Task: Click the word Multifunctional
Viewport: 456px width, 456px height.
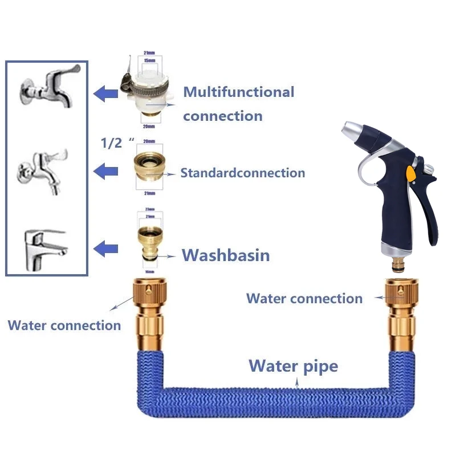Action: tap(238, 92)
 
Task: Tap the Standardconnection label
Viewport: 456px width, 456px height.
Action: tap(242, 173)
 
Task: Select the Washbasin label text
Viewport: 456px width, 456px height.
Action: tap(225, 255)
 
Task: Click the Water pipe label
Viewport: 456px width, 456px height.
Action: tap(293, 365)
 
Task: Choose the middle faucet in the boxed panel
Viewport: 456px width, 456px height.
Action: tap(44, 170)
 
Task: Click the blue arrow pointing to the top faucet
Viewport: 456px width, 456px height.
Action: tap(105, 93)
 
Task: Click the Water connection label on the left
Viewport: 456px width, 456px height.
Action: tap(64, 325)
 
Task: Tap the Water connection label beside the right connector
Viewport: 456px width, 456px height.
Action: tap(304, 298)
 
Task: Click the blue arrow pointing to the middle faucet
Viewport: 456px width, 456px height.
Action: tap(105, 170)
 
